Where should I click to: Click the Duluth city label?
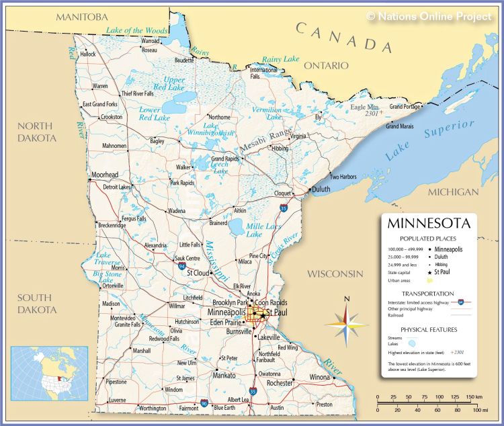[x=321, y=189]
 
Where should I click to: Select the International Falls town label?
[x=263, y=73]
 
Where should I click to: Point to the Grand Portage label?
[x=406, y=107]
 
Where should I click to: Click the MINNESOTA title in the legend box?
[x=427, y=223]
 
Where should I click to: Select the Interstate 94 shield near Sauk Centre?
[x=182, y=266]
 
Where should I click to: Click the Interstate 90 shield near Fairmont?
[x=204, y=404]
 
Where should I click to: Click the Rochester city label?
[x=280, y=383]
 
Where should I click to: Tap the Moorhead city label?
[x=105, y=174]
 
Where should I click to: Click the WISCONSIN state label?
[x=335, y=274]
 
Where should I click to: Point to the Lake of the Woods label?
[x=136, y=31]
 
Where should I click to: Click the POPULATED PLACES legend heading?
[x=427, y=239]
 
